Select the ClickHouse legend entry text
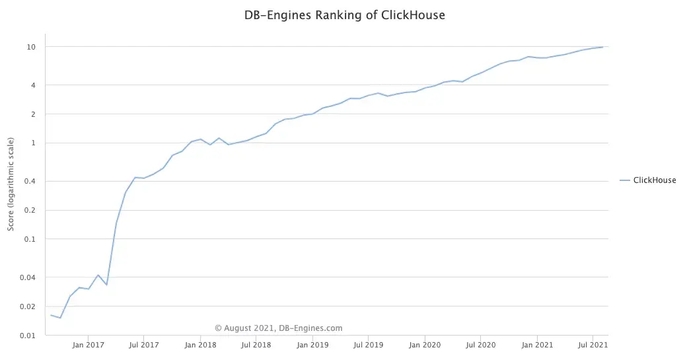pos(654,180)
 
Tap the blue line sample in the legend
pos(624,180)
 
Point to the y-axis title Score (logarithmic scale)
pos(11,184)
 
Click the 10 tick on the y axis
pos(31,47)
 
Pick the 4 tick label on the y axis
pos(33,85)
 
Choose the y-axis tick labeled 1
pos(33,143)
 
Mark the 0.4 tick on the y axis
pos(30,182)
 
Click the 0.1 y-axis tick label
pos(30,239)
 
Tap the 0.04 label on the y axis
pos(28,277)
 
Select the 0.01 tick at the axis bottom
pos(28,336)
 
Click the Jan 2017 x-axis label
pos(87,345)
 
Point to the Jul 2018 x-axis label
pos(256,345)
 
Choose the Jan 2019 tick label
pos(312,345)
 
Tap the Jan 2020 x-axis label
pos(425,345)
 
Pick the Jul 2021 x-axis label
pos(593,345)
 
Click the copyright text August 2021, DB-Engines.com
pos(279,328)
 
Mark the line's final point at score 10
pos(602,47)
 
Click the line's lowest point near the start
pos(60,318)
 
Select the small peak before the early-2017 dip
pos(98,275)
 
